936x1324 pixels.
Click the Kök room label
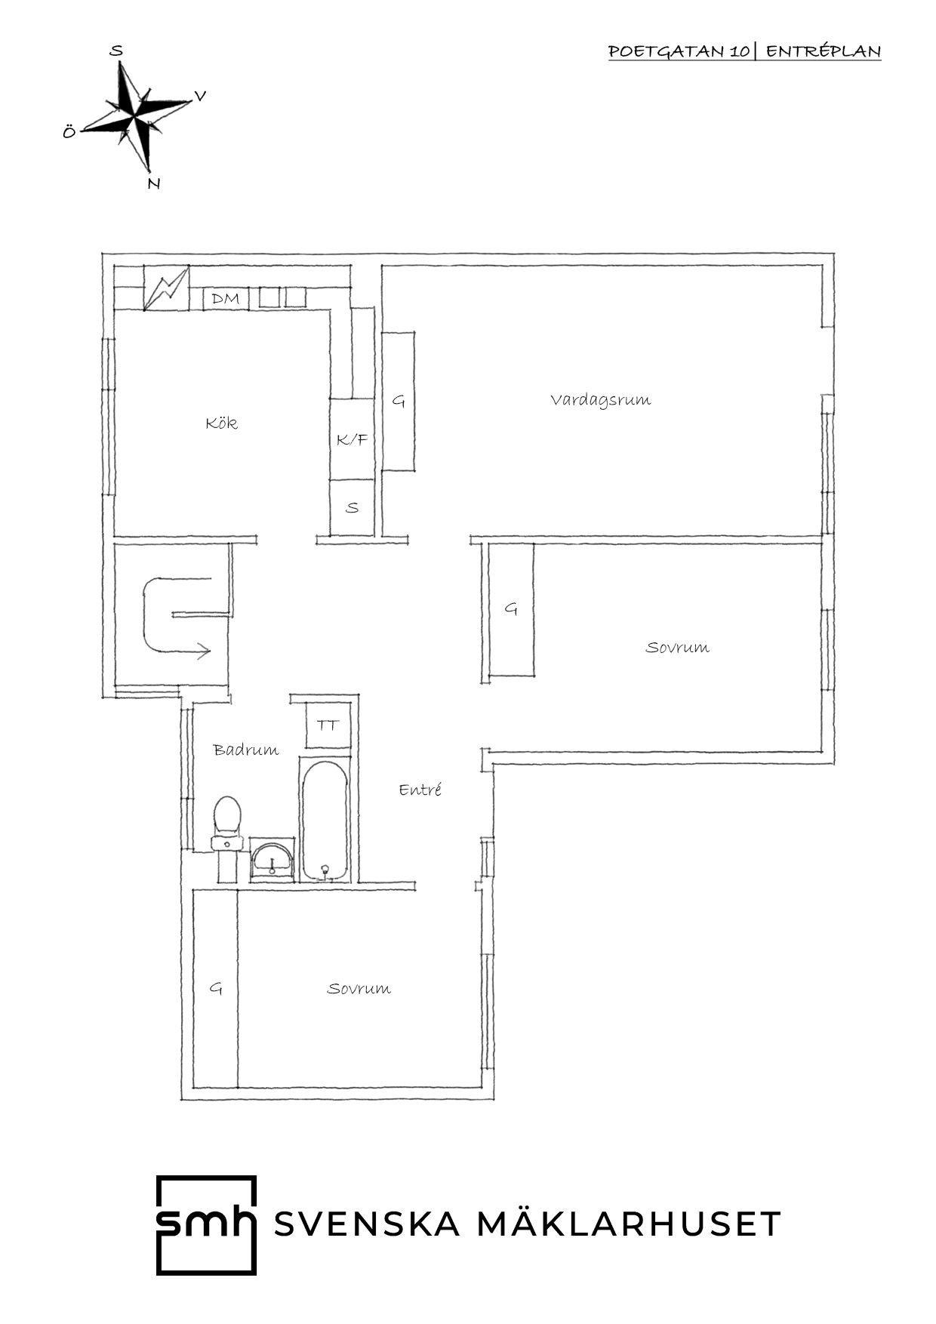(x=222, y=423)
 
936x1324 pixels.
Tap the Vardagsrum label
(x=600, y=399)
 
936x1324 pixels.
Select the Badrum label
(x=245, y=750)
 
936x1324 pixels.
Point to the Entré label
(x=420, y=790)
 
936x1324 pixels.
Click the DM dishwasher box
(x=226, y=299)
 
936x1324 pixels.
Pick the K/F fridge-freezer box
(x=352, y=439)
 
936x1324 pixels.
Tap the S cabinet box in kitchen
(x=352, y=507)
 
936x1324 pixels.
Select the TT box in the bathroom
(x=328, y=725)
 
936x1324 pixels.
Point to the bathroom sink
(x=272, y=860)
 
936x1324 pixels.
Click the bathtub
(x=325, y=818)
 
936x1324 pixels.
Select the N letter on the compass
(x=154, y=183)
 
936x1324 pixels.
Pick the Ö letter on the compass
(x=69, y=132)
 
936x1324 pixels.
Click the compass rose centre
(x=134, y=117)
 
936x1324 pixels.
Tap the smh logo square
(x=206, y=1225)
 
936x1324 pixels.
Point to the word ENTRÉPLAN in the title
(x=824, y=51)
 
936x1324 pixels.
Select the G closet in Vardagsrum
(x=399, y=401)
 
